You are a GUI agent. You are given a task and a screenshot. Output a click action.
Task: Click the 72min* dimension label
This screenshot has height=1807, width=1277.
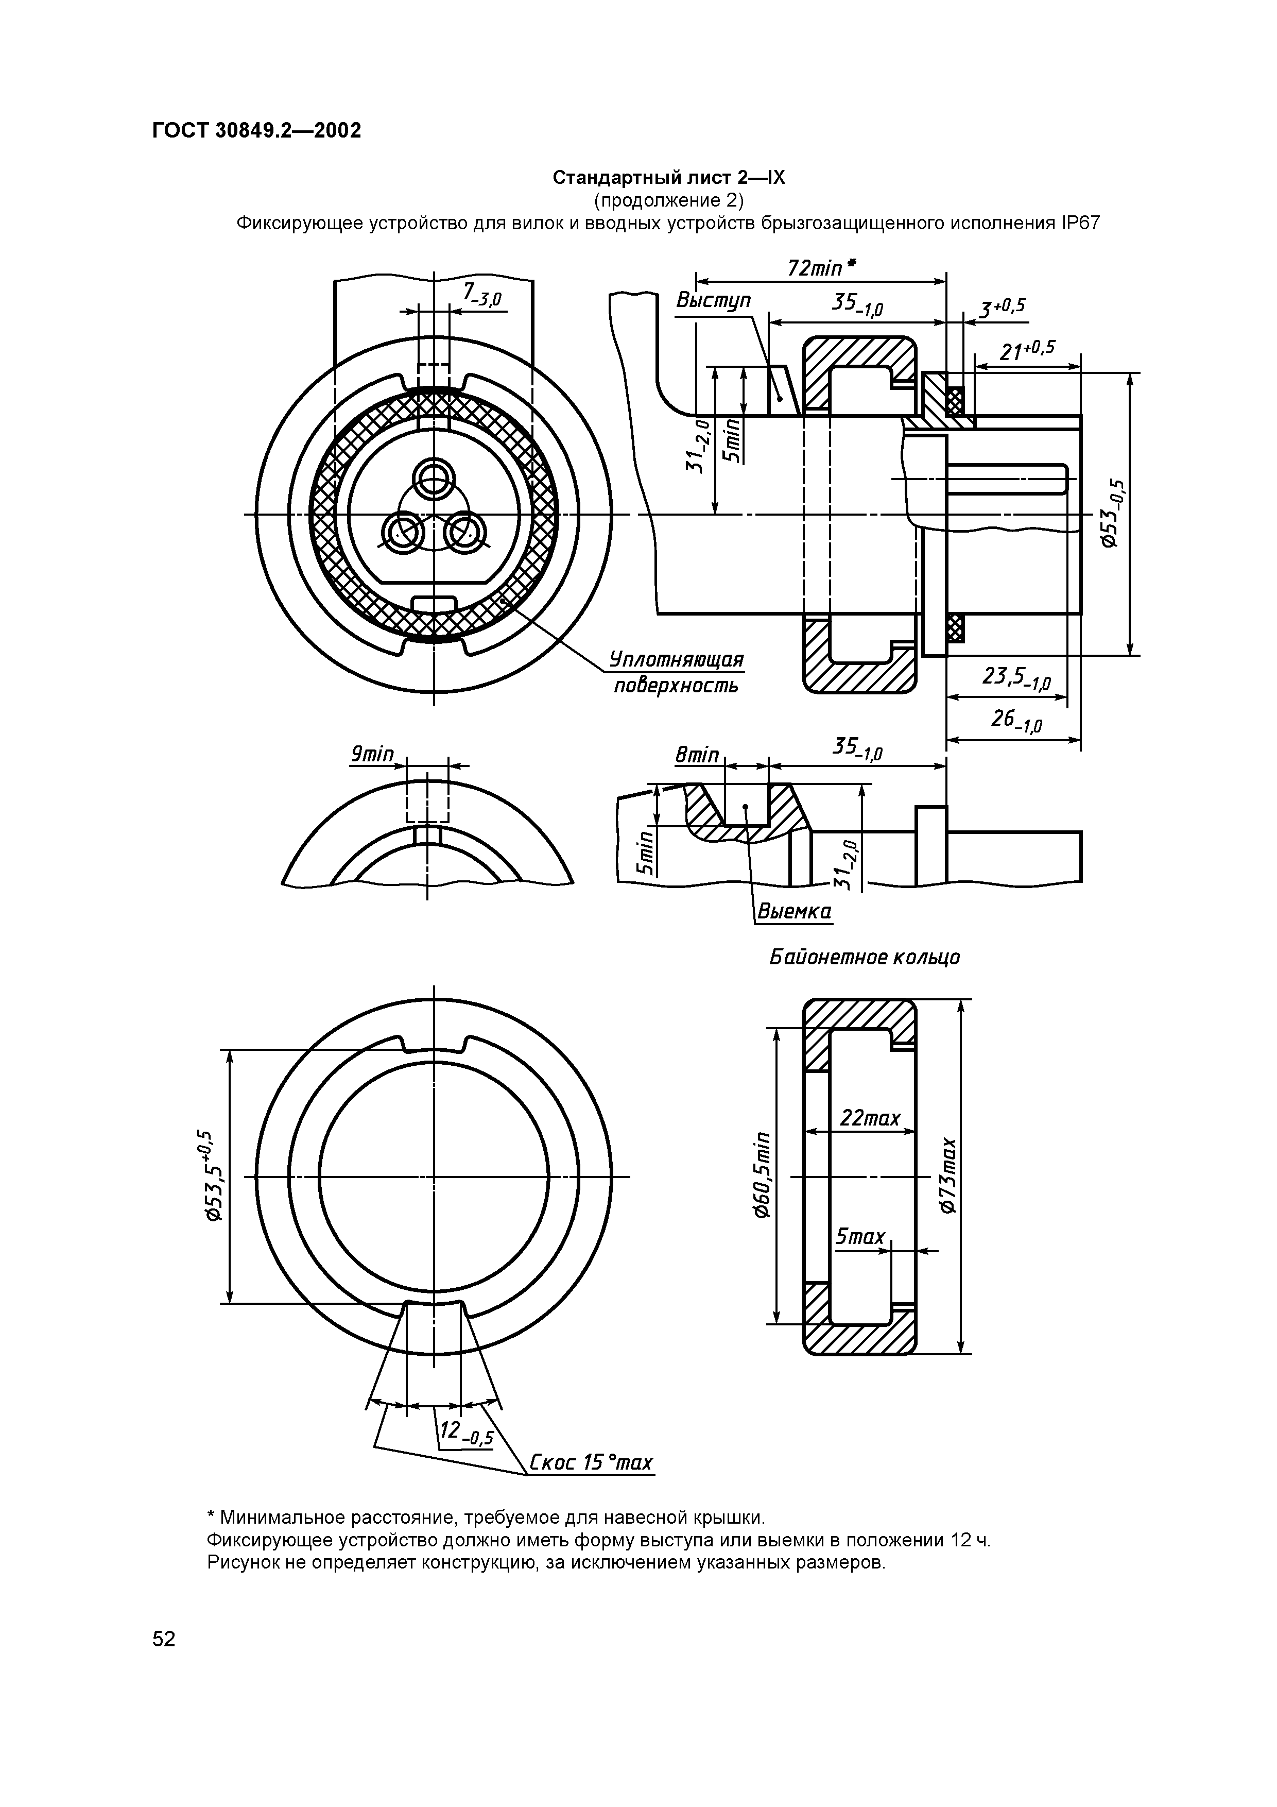click(821, 268)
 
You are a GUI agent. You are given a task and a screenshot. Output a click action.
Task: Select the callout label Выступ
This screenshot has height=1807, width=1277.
click(713, 301)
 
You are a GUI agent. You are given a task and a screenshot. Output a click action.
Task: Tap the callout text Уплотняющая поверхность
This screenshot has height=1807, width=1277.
click(678, 671)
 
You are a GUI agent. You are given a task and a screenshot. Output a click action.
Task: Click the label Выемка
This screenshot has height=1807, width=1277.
click(793, 912)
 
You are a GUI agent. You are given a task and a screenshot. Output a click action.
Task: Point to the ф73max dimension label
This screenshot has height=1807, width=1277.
click(950, 1176)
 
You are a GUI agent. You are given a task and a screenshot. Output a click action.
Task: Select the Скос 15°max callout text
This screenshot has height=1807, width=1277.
click(590, 1463)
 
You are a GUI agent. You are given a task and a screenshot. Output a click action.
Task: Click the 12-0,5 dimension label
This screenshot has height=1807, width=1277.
click(465, 1434)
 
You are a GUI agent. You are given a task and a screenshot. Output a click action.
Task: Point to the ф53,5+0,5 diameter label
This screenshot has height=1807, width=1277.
click(209, 1176)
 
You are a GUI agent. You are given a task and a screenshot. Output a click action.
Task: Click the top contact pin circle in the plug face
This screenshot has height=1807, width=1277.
click(434, 477)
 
